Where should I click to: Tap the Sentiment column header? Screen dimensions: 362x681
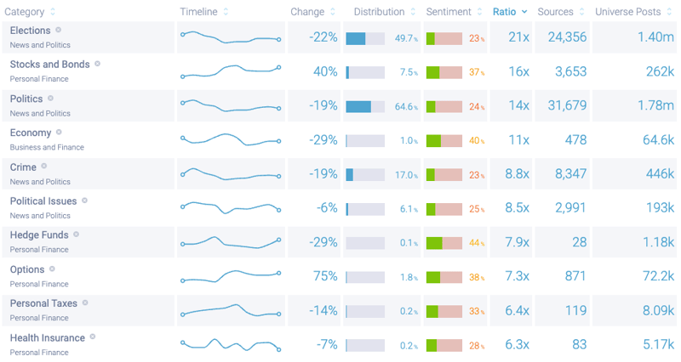point(449,12)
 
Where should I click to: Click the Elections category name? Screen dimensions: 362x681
point(31,31)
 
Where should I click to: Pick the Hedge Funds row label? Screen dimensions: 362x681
point(39,235)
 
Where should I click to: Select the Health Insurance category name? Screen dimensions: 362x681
point(48,337)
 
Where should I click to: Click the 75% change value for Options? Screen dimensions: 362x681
point(325,277)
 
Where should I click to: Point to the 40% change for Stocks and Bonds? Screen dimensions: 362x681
point(325,72)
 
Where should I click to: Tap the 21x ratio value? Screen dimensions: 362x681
point(518,38)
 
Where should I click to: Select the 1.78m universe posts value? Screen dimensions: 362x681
point(655,106)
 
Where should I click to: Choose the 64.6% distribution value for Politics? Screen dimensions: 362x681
point(406,107)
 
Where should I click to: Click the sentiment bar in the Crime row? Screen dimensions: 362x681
point(444,175)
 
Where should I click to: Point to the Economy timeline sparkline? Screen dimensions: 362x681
point(230,139)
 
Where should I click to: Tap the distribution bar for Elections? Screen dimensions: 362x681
point(365,38)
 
